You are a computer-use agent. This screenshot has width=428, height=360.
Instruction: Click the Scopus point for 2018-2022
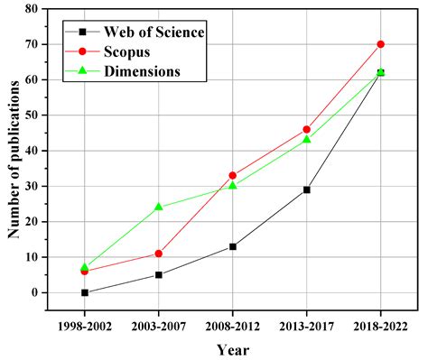[380, 44]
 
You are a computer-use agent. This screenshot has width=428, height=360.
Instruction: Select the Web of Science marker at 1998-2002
[85, 292]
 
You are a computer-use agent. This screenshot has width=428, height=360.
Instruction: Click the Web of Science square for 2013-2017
[307, 189]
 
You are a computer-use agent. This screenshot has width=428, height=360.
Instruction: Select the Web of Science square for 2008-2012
[233, 246]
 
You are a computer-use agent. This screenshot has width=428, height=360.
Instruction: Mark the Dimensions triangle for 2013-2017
[307, 139]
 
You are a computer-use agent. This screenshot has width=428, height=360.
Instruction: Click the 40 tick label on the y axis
[32, 151]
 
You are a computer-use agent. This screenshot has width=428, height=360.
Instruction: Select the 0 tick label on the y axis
[35, 293]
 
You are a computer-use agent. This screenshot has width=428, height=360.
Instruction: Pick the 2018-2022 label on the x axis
[380, 323]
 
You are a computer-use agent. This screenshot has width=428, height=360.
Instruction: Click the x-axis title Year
[232, 348]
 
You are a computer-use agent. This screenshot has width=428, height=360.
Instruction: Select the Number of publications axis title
[14, 158]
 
